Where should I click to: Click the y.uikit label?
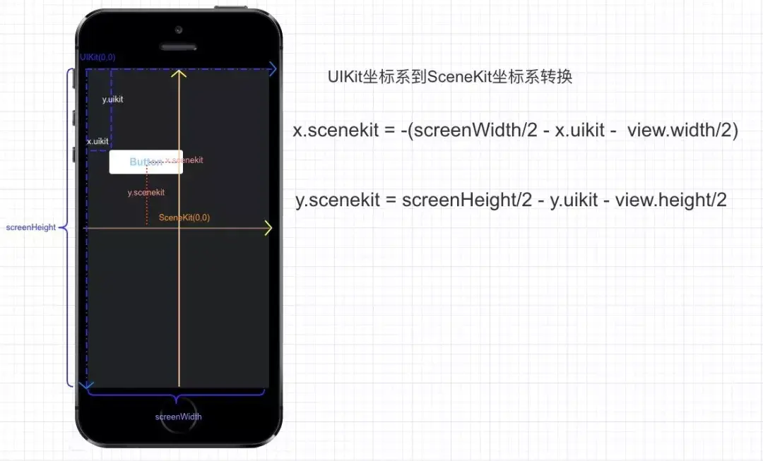[x=112, y=100]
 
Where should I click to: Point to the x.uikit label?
[x=97, y=141]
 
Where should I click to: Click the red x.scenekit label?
[x=185, y=160]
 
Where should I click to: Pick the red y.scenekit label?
[x=146, y=192]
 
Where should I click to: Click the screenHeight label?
[x=30, y=227]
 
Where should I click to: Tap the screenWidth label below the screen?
[x=178, y=417]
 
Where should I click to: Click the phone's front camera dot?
[x=178, y=30]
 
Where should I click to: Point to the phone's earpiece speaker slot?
[x=178, y=48]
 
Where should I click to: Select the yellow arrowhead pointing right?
[x=268, y=228]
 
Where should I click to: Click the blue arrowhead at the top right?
[x=272, y=68]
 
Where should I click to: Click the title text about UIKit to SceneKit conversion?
[x=449, y=77]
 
